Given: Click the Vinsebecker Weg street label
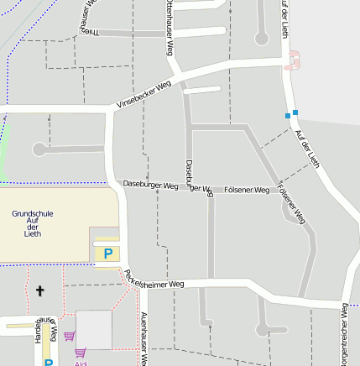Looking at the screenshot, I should point(143,93).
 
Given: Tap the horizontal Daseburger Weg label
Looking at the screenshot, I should point(151,184).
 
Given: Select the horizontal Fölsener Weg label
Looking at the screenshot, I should point(247,191).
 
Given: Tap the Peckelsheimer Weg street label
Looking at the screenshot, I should point(154,279).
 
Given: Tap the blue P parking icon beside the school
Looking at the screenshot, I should point(107,253).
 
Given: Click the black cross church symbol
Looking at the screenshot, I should point(39,291).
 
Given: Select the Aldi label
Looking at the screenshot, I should point(81,363).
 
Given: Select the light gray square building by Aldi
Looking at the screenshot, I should point(94,329).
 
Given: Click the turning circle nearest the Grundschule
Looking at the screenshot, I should point(39,149).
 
